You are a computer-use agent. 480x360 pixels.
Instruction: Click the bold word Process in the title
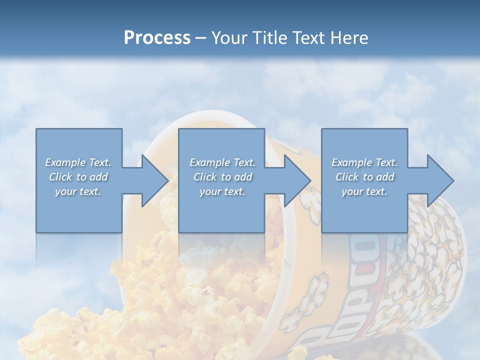pyautogui.click(x=157, y=38)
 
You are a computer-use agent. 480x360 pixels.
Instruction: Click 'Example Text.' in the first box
pyautogui.click(x=78, y=162)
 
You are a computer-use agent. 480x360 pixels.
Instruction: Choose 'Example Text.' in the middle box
pyautogui.click(x=222, y=162)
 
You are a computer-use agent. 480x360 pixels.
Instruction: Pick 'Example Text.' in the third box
pyautogui.click(x=364, y=162)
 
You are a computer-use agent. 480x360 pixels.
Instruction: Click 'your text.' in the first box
pyautogui.click(x=78, y=191)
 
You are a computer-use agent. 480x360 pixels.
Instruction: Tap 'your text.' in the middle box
pyautogui.click(x=222, y=191)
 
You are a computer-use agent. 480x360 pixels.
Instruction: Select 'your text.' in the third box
pyautogui.click(x=364, y=191)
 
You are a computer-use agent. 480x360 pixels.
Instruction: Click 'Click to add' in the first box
pyautogui.click(x=78, y=177)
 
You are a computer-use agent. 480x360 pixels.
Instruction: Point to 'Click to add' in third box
pyautogui.click(x=364, y=177)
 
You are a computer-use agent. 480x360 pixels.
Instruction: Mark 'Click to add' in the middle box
pyautogui.click(x=222, y=177)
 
